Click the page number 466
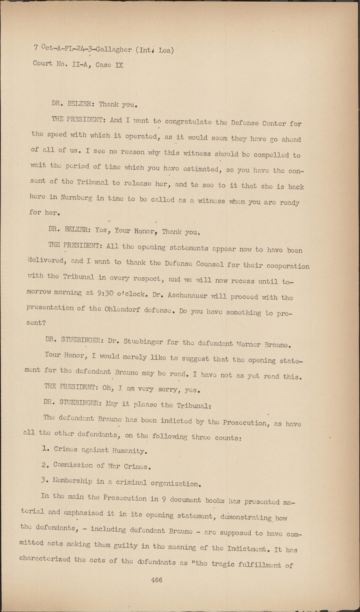point(156,580)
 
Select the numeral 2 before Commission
point(44,465)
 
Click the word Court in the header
point(43,64)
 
